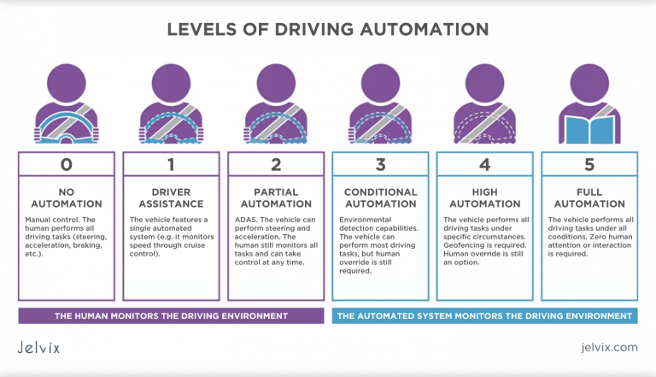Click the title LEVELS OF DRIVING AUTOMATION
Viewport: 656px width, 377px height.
[x=328, y=29]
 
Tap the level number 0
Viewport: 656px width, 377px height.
[x=67, y=164]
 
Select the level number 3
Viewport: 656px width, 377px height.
[x=380, y=164]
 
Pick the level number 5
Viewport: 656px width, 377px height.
[x=589, y=164]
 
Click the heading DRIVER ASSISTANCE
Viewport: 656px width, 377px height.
[x=171, y=197]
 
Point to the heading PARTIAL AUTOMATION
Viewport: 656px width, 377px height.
[x=276, y=197]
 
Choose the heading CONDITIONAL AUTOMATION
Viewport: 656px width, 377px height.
[x=380, y=197]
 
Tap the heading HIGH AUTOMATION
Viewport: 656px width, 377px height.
[x=485, y=197]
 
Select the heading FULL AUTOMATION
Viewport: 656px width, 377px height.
[x=589, y=197]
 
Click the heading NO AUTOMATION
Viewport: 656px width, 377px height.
[x=67, y=197]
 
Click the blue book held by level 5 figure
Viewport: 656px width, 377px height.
[x=589, y=129]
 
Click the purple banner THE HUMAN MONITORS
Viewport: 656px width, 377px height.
[x=171, y=316]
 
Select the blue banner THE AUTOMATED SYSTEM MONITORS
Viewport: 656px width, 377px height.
[x=484, y=316]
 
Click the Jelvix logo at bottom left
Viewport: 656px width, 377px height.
[x=40, y=348]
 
